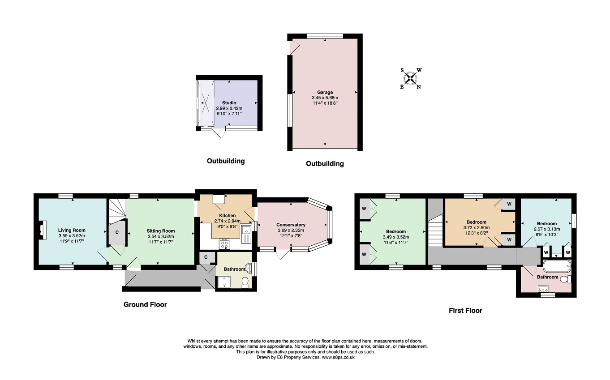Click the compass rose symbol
pos(410,79)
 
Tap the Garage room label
pos(325,92)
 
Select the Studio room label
pos(229,103)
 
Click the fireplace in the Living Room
pos(42,230)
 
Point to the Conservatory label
pos(291,225)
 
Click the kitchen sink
pos(246,234)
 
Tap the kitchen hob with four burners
pos(225,243)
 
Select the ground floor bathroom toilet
pos(245,282)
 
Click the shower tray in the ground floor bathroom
pos(224,282)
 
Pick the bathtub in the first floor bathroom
pos(557,266)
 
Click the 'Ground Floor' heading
pos(145,304)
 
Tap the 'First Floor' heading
pos(465,310)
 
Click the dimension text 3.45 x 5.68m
pos(325,98)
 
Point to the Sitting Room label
pos(161,231)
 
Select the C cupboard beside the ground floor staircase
pos(117,233)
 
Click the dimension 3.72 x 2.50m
pos(476,227)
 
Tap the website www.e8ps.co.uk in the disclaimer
pos(338,358)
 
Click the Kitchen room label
pos(228,216)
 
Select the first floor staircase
pos(435,231)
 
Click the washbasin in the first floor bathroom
pos(543,289)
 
